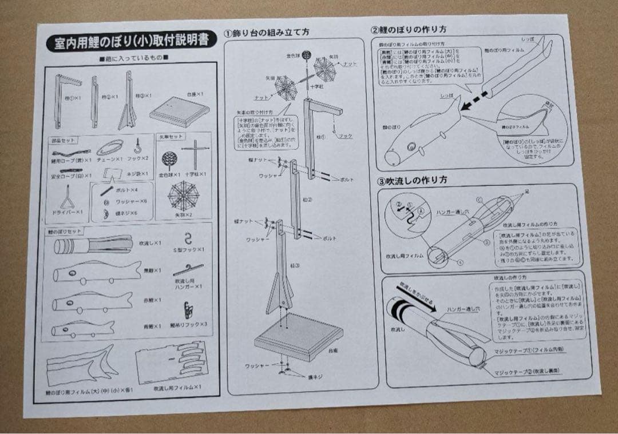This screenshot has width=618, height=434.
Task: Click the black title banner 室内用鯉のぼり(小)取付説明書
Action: click(x=127, y=42)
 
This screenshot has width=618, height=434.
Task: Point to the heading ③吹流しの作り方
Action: click(x=412, y=180)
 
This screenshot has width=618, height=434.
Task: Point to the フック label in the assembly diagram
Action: click(x=346, y=136)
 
